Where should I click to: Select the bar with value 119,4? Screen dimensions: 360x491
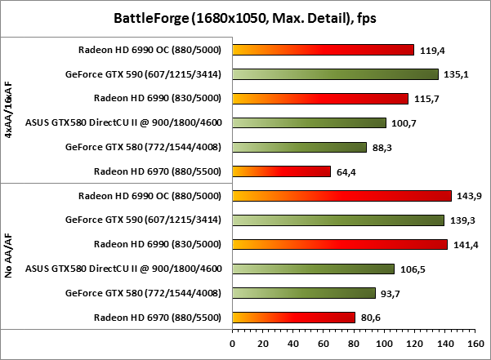click(x=323, y=50)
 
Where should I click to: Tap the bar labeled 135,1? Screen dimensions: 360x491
click(x=335, y=74)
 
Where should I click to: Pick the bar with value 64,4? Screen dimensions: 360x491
click(x=282, y=171)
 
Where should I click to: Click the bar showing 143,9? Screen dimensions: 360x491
click(x=341, y=196)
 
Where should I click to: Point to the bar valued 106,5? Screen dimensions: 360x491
click(x=313, y=269)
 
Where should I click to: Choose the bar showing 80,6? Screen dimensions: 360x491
click(x=293, y=317)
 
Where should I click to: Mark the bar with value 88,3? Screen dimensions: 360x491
click(x=300, y=148)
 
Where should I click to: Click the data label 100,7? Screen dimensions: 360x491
click(x=404, y=123)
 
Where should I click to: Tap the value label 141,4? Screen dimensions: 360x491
click(x=466, y=244)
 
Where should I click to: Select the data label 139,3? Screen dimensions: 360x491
click(x=462, y=220)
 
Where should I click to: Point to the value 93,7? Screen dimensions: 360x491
click(x=394, y=293)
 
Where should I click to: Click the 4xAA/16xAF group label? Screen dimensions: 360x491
click(x=9, y=110)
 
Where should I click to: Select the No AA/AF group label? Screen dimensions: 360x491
click(x=9, y=256)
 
